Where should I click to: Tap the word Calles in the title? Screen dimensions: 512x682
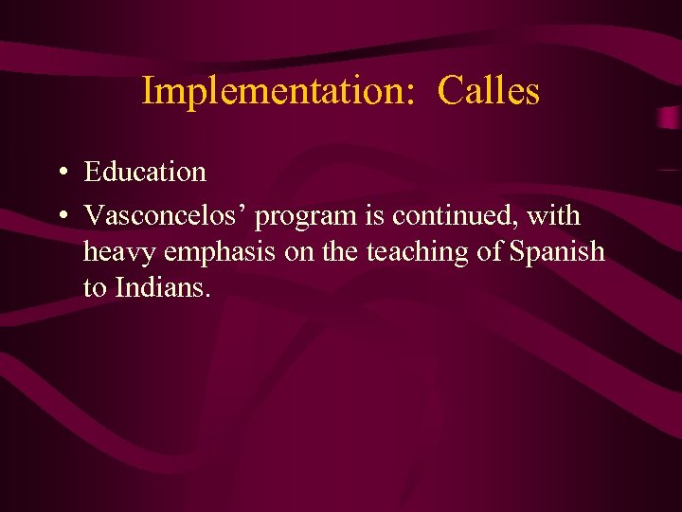489,91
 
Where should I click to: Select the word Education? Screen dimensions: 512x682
145,172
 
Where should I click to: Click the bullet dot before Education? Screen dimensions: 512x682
60,173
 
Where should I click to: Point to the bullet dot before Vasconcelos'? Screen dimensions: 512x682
60,217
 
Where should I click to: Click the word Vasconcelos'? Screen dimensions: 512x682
166,216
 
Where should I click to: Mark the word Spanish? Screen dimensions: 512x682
558,252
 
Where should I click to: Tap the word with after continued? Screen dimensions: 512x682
554,216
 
